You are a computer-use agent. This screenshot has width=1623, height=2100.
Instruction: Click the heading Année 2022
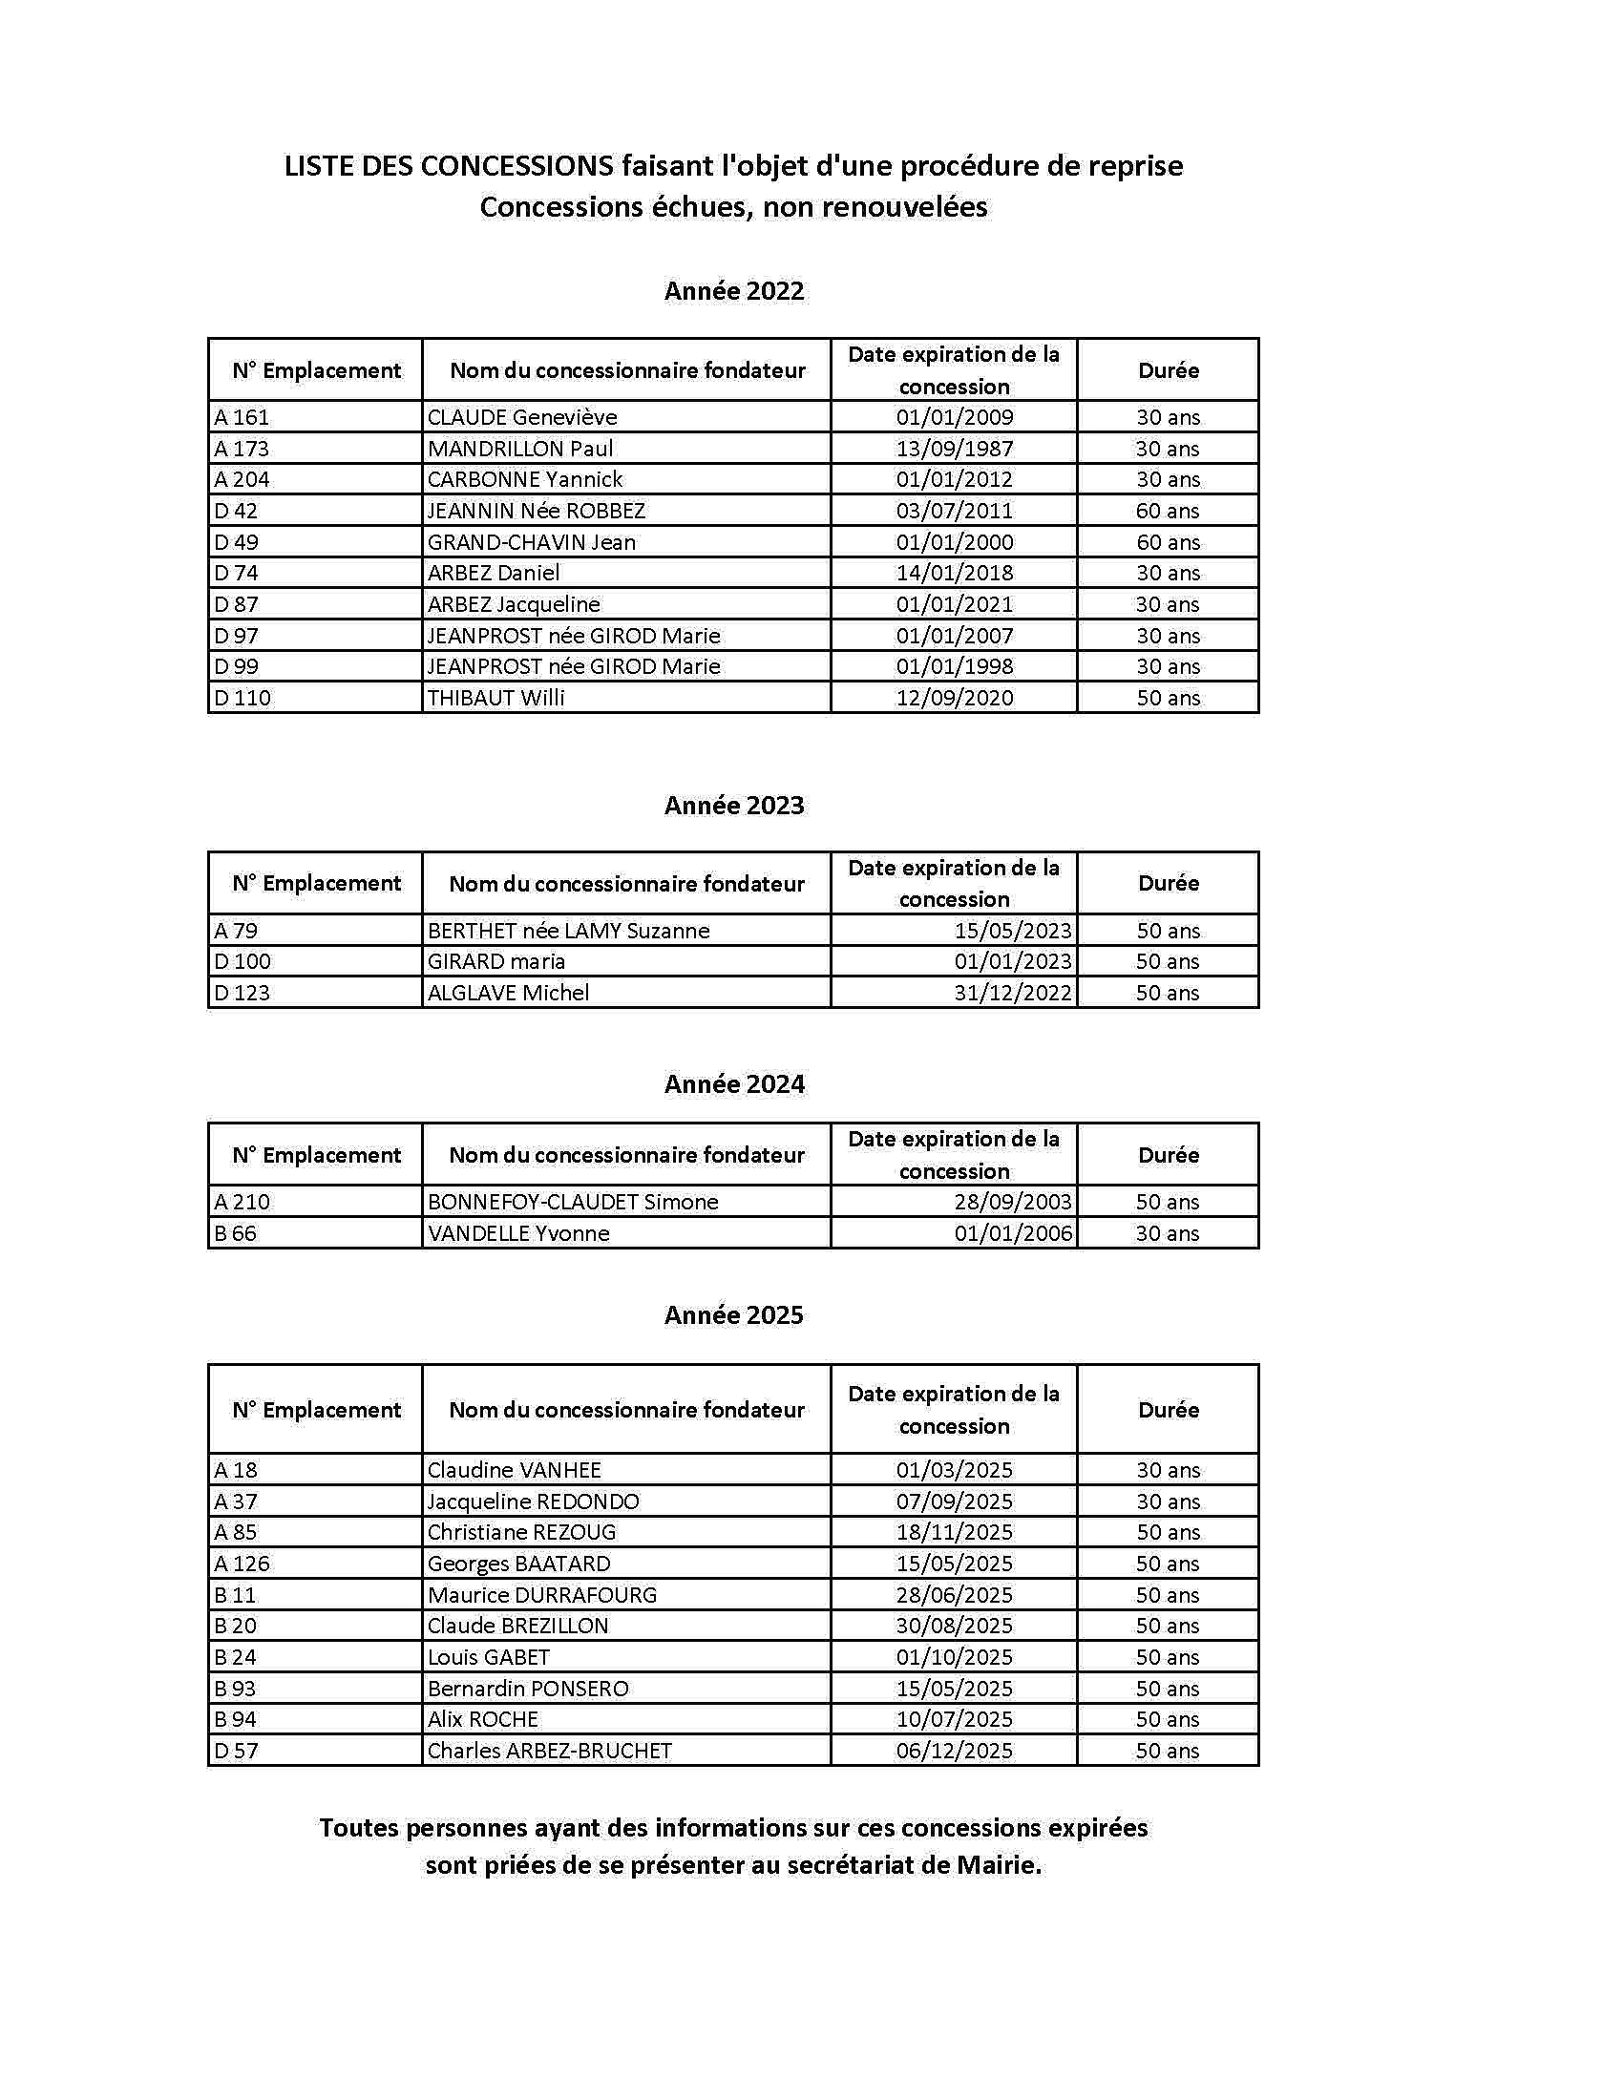pyautogui.click(x=733, y=290)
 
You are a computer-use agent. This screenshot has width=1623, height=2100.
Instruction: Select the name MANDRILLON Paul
pyautogui.click(x=519, y=448)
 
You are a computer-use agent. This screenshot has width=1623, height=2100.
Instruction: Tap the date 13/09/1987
pyautogui.click(x=954, y=448)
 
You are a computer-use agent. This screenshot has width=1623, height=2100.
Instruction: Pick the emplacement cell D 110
pyautogui.click(x=242, y=698)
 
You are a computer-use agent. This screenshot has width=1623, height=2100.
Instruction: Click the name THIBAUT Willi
pyautogui.click(x=495, y=698)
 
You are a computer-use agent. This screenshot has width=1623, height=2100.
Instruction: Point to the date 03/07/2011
pyautogui.click(x=954, y=511)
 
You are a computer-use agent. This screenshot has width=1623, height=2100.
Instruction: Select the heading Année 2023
pyautogui.click(x=733, y=805)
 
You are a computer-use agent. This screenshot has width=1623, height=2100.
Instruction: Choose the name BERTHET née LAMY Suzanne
pyautogui.click(x=568, y=931)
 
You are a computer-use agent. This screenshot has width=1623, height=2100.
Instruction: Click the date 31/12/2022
pyautogui.click(x=1012, y=994)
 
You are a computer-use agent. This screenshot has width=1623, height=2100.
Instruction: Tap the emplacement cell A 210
pyautogui.click(x=242, y=1202)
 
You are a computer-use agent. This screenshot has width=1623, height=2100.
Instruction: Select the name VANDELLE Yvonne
pyautogui.click(x=518, y=1233)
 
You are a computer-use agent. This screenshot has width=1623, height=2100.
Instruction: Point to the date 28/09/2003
pyautogui.click(x=1012, y=1202)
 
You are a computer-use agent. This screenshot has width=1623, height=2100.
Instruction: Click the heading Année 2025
pyautogui.click(x=733, y=1314)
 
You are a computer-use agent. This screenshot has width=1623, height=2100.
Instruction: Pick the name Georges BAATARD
pyautogui.click(x=518, y=1564)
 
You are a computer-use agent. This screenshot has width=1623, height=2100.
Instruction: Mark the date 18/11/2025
pyautogui.click(x=954, y=1532)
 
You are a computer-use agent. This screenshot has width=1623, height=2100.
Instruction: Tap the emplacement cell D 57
pyautogui.click(x=237, y=1751)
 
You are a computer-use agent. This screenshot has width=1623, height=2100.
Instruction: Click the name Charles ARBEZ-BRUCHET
pyautogui.click(x=549, y=1751)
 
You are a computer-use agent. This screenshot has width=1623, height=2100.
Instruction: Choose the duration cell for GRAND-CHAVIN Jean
pyautogui.click(x=1168, y=542)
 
